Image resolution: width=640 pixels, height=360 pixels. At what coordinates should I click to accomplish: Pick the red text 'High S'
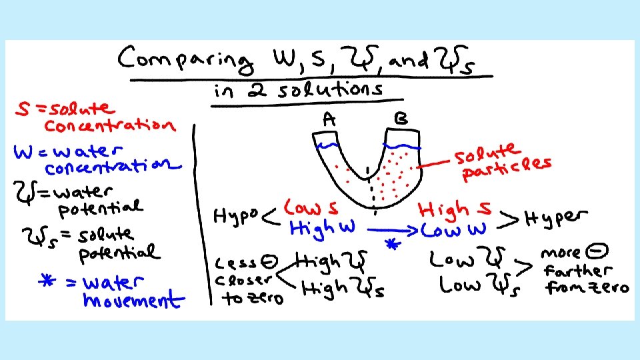coord(456,209)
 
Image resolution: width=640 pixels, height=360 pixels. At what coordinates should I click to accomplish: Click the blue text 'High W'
coord(321,229)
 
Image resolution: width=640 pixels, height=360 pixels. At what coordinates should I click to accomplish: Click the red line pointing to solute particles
coord(434,163)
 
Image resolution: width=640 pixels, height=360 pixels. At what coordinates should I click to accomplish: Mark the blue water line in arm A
coord(327,145)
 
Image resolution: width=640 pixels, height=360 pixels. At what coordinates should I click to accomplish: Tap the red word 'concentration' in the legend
coord(110,125)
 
